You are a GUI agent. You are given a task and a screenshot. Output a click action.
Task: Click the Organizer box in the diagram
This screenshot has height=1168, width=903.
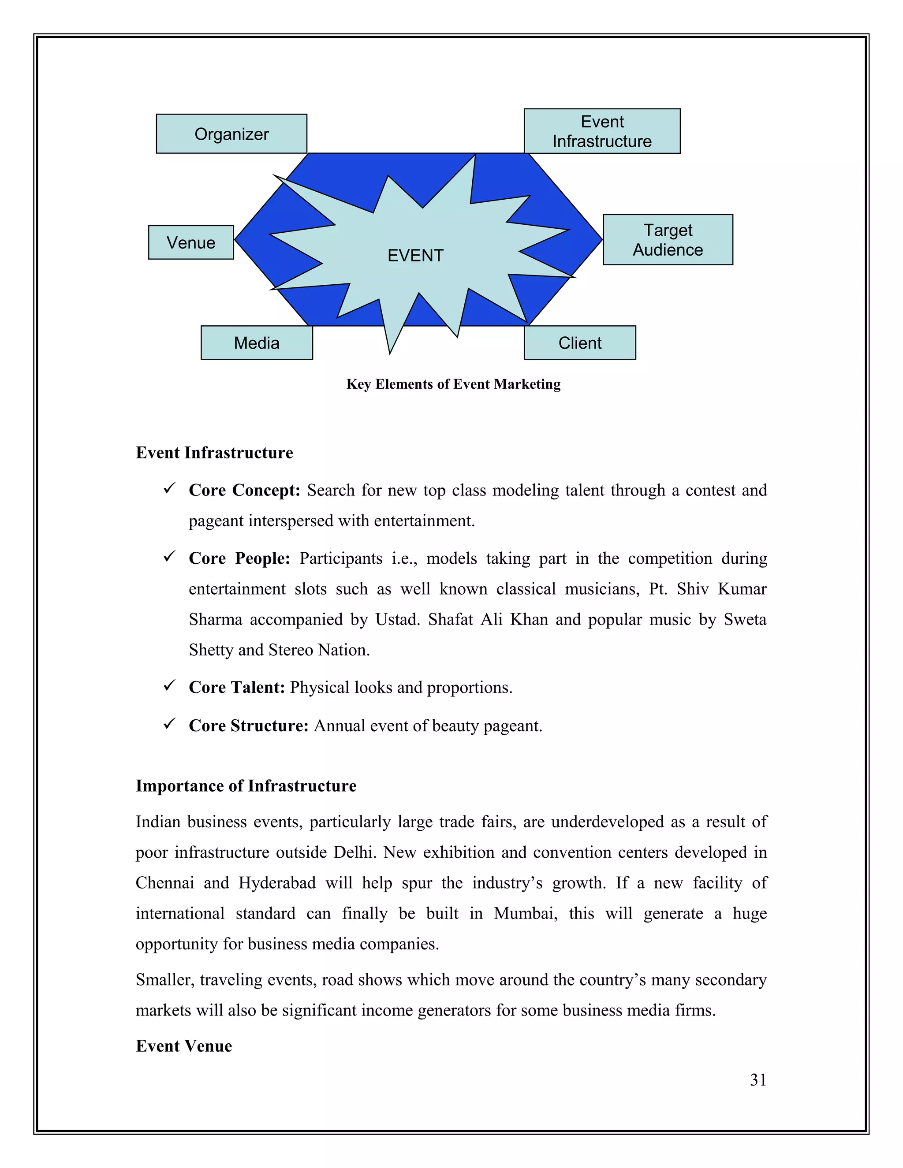point(231,134)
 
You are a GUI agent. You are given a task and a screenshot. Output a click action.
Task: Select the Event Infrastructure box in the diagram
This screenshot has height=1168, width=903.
point(602,131)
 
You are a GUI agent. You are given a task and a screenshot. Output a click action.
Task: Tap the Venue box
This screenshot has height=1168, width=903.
point(191,243)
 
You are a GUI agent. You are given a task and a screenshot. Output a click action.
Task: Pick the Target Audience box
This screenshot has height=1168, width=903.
point(668,240)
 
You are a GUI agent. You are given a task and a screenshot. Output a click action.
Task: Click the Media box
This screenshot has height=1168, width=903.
point(257,343)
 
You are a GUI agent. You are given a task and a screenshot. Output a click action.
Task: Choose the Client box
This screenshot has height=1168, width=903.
point(580,343)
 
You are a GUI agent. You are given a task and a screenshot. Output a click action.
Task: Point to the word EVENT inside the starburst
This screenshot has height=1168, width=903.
point(415,256)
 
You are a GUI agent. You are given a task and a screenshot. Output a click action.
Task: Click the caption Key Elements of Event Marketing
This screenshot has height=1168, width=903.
point(453,384)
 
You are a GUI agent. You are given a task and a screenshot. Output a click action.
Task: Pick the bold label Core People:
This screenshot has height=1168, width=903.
point(239,558)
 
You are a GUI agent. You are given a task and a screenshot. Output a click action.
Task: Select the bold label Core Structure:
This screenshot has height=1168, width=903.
point(248,726)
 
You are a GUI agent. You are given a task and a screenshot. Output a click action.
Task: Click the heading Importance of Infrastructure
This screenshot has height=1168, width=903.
point(246,785)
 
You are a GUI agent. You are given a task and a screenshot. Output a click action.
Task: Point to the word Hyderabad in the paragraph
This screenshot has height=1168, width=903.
point(277,882)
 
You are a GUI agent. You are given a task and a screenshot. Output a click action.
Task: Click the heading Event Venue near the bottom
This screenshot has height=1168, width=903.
point(183,1045)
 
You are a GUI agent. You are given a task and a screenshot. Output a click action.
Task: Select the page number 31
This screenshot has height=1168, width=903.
point(757,1080)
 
